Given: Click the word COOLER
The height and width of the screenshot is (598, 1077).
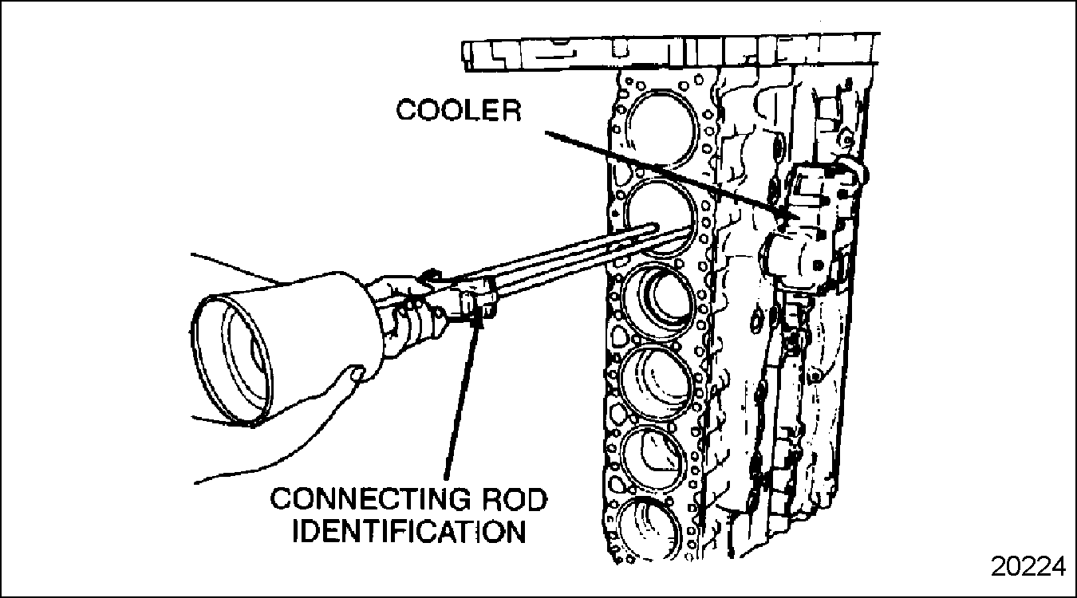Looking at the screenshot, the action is click(x=459, y=111).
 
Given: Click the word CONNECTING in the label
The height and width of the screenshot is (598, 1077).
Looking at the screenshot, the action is click(x=370, y=499).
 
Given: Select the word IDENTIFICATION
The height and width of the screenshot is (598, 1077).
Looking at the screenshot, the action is click(x=409, y=532).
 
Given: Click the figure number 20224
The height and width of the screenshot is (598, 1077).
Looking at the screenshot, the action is click(x=1028, y=567).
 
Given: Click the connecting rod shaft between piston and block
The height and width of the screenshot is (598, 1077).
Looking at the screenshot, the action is click(x=553, y=260).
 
